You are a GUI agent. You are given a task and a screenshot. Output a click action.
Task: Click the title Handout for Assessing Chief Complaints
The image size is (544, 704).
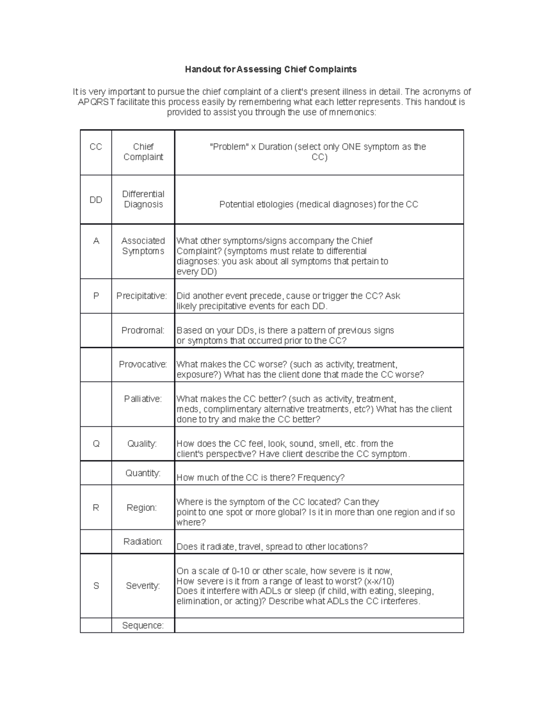(x=271, y=69)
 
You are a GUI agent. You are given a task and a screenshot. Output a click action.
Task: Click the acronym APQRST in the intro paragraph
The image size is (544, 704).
(x=96, y=102)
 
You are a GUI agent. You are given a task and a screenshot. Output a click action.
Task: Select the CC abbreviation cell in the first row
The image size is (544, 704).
(x=96, y=147)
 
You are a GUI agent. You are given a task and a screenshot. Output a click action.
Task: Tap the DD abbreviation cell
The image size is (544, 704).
(x=96, y=200)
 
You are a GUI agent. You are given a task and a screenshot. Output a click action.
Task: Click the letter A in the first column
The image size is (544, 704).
(x=96, y=241)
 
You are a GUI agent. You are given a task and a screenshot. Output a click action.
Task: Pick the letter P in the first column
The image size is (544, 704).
(x=96, y=296)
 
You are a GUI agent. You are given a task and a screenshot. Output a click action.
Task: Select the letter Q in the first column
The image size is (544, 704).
(x=96, y=444)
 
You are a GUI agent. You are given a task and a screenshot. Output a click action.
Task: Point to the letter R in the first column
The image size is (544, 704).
(x=96, y=508)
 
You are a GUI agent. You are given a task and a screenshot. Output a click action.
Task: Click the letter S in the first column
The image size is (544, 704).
(x=96, y=586)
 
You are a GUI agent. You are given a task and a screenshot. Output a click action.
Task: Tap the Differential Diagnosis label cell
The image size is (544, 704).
(x=143, y=199)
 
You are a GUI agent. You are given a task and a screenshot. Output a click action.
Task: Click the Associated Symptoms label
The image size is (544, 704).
(x=143, y=246)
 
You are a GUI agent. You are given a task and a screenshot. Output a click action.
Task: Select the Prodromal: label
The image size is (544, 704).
(x=143, y=330)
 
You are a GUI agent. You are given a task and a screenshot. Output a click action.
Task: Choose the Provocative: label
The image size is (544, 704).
(x=143, y=364)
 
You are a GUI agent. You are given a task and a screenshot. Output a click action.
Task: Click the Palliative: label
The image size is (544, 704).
(x=143, y=399)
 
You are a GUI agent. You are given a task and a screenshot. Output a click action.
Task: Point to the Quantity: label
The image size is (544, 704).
(x=143, y=473)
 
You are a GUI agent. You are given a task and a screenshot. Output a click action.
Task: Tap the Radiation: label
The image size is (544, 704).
(x=143, y=542)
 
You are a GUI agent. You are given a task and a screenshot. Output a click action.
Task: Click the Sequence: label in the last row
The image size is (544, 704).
(x=143, y=626)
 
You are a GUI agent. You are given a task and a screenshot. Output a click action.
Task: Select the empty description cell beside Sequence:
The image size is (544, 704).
(x=319, y=626)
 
